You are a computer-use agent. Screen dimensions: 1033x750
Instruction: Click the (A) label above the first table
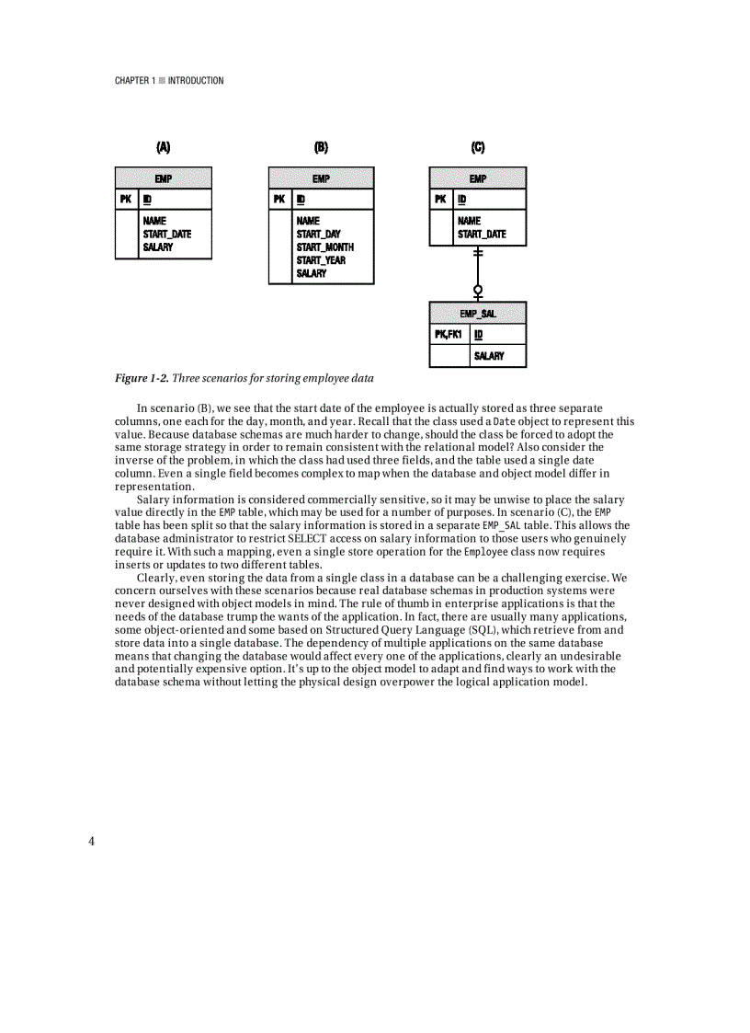[x=164, y=147]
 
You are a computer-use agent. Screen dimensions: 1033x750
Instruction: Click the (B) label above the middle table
[x=321, y=147]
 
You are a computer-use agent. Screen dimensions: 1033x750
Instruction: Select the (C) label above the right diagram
[x=478, y=147]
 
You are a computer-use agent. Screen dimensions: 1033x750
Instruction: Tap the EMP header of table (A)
[x=164, y=178]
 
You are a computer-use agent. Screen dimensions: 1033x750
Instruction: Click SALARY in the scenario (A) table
[x=157, y=247]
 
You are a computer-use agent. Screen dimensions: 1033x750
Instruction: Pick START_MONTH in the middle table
[x=324, y=247]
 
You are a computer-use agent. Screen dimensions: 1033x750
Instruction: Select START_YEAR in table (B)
[x=321, y=260]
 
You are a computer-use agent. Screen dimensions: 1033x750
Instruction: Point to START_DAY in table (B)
[x=318, y=235]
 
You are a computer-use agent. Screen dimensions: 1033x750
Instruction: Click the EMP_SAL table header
[x=478, y=314]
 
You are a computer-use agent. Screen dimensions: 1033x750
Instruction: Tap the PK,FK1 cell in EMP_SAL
[x=449, y=334]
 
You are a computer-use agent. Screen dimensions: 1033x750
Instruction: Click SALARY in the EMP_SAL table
[x=489, y=356]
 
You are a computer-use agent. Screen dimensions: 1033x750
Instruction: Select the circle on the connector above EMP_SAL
[x=477, y=291]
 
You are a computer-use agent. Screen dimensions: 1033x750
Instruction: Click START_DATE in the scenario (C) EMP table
[x=482, y=235]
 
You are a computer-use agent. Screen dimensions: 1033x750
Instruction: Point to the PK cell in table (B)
[x=279, y=199]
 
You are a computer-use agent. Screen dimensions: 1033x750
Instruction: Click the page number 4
[x=92, y=841]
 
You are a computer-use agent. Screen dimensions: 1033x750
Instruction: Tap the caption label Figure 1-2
[x=141, y=378]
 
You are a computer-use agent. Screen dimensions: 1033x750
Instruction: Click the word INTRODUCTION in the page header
[x=196, y=81]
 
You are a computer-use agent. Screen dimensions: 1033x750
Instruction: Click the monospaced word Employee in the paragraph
[x=486, y=552]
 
